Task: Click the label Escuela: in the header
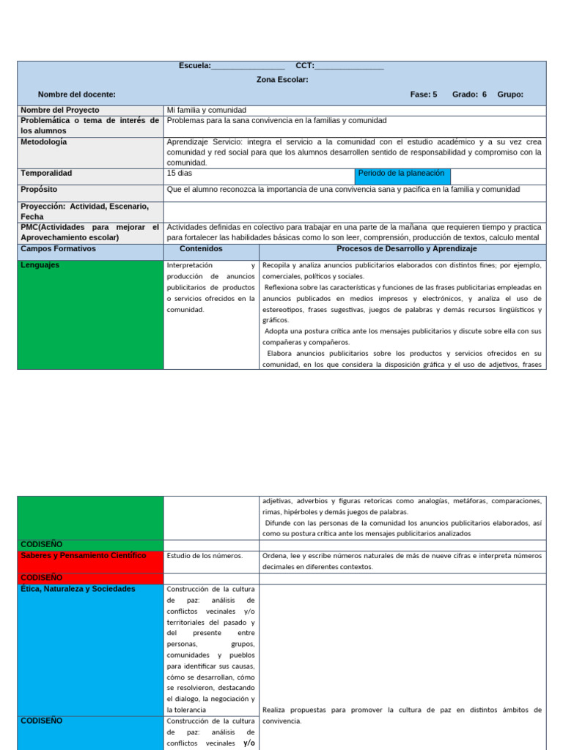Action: click(x=194, y=66)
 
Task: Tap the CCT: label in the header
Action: click(x=305, y=66)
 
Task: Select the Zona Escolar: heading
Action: click(x=282, y=80)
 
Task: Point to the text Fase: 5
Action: click(x=424, y=94)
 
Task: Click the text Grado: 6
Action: click(x=469, y=94)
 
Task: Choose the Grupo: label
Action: click(x=510, y=94)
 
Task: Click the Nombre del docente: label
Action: click(x=77, y=94)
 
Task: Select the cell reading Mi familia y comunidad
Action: click(x=207, y=110)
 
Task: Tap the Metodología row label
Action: click(x=44, y=141)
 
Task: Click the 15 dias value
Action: click(x=180, y=174)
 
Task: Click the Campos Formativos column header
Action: click(x=58, y=249)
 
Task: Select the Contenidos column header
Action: click(x=211, y=249)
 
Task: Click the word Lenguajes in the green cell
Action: click(x=41, y=265)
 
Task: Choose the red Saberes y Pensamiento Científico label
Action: click(x=84, y=556)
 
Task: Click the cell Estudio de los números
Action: click(x=205, y=556)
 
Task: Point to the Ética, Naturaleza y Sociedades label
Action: click(x=78, y=589)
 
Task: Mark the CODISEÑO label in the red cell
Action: click(x=42, y=578)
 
